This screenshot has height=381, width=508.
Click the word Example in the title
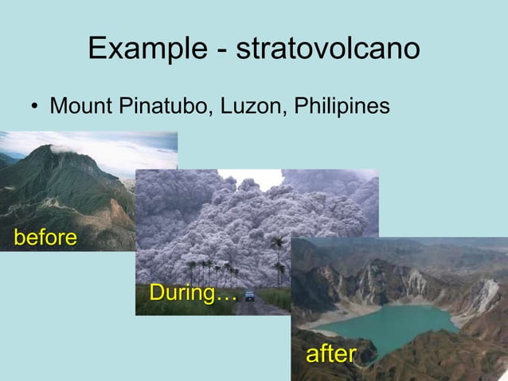pos(143,49)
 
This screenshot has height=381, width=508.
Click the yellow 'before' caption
pos(45,238)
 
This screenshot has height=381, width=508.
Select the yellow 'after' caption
pos(330,353)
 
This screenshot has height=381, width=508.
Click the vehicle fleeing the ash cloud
pos(250,296)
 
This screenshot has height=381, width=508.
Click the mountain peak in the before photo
pos(56,151)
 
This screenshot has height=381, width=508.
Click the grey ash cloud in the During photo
pos(207,215)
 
